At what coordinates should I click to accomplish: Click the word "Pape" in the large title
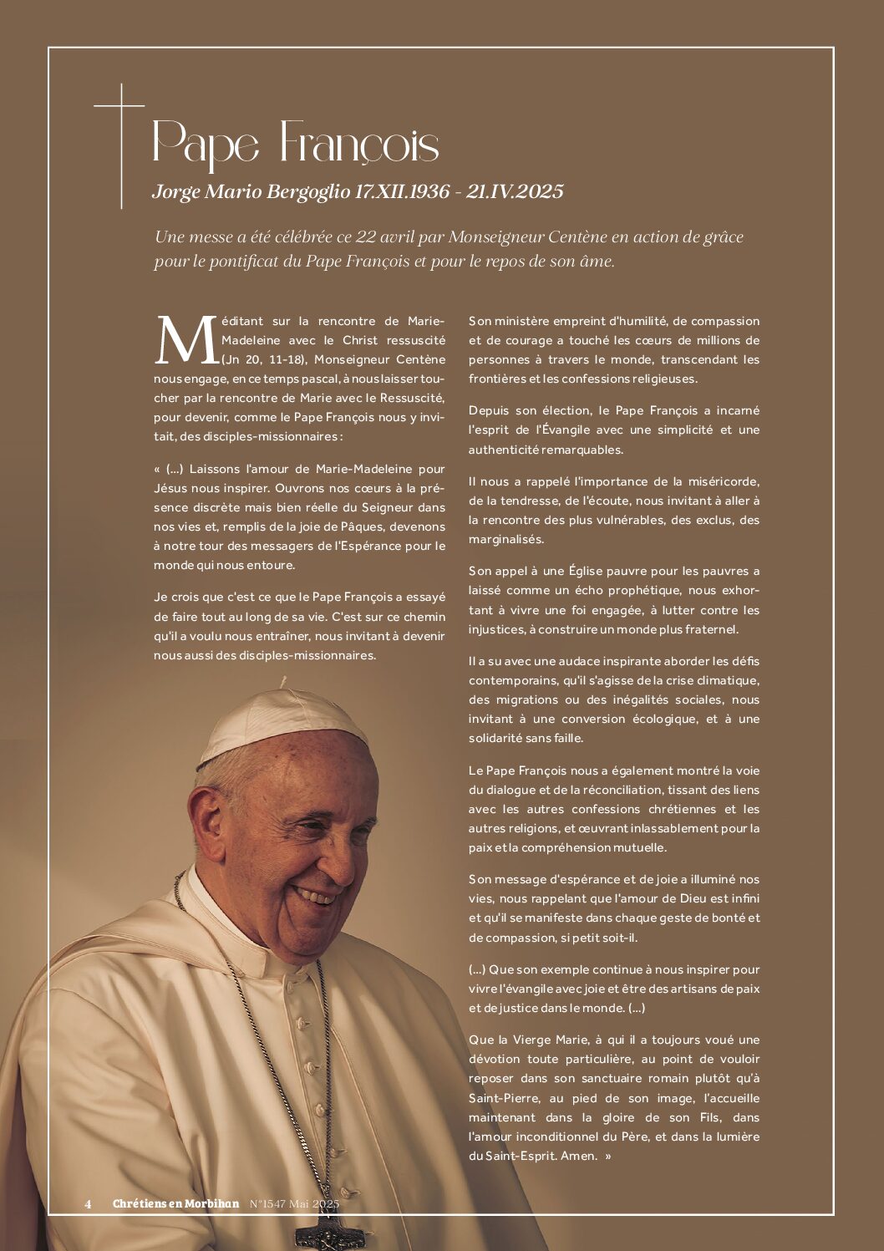click(206, 143)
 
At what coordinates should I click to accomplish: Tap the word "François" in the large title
click(358, 143)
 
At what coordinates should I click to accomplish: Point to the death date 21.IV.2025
click(516, 191)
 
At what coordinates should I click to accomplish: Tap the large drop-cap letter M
click(185, 340)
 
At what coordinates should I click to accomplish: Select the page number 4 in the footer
click(88, 1204)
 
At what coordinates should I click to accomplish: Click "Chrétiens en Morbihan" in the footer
click(175, 1204)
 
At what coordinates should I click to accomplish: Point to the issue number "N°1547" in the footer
click(268, 1204)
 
